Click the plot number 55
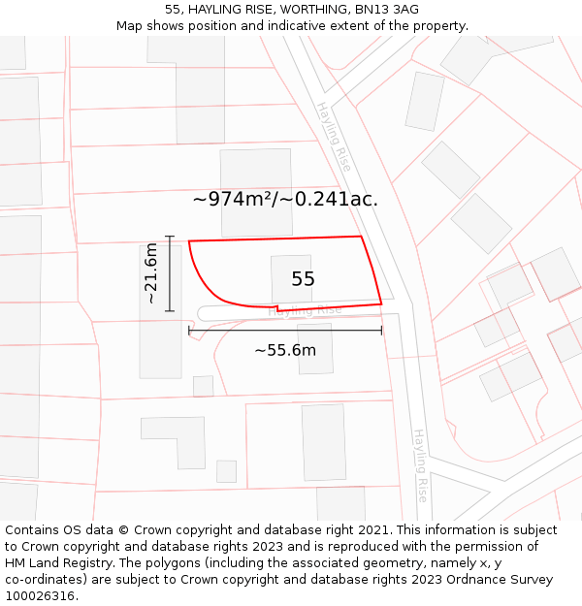[x=303, y=279]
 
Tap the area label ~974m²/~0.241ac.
[x=285, y=199]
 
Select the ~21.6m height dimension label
[x=151, y=273]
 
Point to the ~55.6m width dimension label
[x=285, y=350]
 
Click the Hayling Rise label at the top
[x=334, y=136]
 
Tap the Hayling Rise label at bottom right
[x=420, y=464]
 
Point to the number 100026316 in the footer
[x=42, y=596]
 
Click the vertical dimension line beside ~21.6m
[x=170, y=273]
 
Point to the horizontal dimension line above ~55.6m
[x=285, y=331]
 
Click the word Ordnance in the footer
[x=457, y=580]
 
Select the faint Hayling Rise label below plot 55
[x=305, y=311]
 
